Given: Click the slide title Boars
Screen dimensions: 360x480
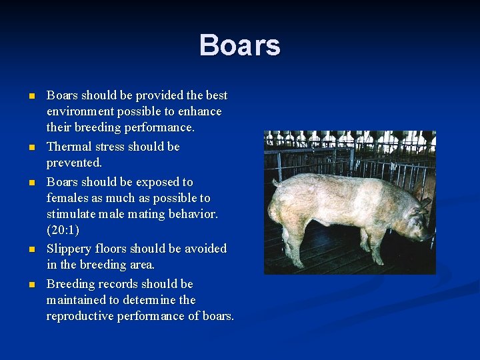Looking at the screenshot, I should click(239, 46).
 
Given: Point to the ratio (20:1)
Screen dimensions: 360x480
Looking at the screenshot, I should click(63, 231).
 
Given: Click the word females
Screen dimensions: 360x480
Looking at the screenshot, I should click(67, 198).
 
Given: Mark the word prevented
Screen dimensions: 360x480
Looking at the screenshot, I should click(74, 163).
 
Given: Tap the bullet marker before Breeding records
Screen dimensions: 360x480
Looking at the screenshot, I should click(31, 285).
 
